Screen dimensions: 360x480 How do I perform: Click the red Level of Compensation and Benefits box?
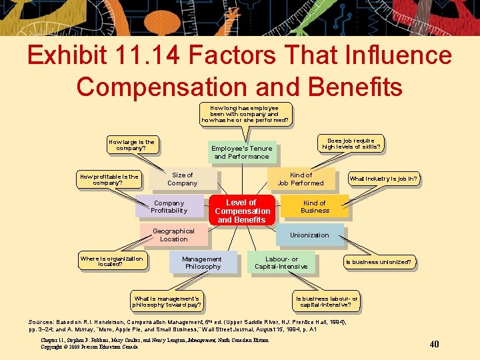[x=241, y=211]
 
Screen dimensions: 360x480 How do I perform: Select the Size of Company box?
[x=183, y=179]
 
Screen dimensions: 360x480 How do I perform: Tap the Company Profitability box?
[x=169, y=207]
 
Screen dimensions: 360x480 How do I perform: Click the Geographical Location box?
[x=173, y=235]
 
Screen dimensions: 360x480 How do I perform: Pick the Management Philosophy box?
[x=202, y=263]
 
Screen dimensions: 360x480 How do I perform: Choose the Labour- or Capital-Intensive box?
[x=281, y=263]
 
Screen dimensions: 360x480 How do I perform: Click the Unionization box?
[x=309, y=235]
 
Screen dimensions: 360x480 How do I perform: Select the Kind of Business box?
[x=315, y=207]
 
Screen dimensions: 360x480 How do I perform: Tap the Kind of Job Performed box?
[x=301, y=179]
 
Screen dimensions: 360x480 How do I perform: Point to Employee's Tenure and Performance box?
[x=241, y=153]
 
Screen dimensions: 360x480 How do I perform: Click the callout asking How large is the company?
[x=131, y=145]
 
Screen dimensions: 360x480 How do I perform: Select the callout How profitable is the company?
[x=109, y=180]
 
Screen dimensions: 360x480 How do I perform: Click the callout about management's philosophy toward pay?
[x=166, y=302]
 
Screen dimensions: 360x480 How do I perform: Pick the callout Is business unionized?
[x=378, y=262]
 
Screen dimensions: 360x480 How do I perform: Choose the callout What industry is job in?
[x=384, y=179]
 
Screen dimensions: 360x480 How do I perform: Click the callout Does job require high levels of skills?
[x=351, y=144]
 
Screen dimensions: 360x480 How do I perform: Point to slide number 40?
[x=434, y=344]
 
